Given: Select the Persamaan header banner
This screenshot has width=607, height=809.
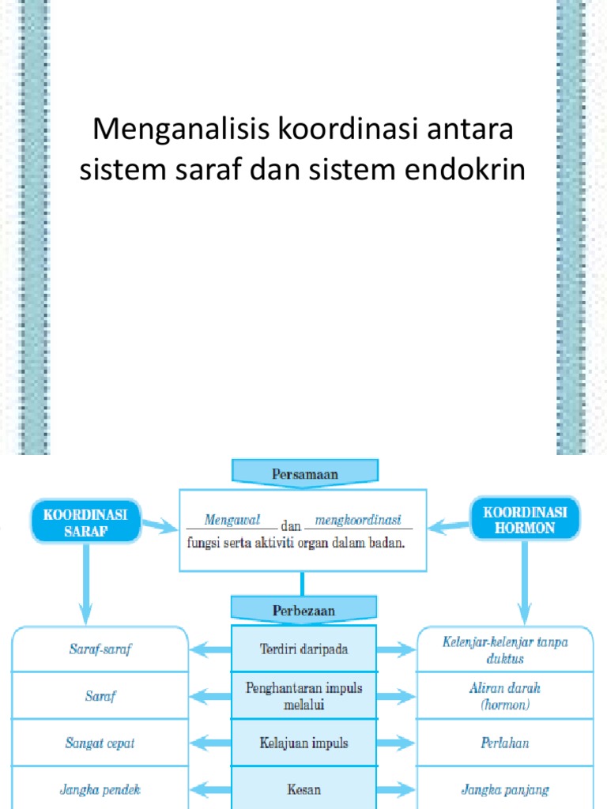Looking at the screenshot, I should (304, 474).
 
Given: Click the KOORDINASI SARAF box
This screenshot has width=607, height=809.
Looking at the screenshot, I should (85, 521).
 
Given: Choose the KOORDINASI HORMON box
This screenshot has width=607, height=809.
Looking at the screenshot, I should (525, 520).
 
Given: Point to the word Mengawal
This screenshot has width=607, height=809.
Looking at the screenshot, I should (232, 520).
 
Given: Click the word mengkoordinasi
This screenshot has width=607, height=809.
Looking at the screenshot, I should (358, 520).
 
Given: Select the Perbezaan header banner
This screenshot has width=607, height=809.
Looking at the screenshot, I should (304, 611).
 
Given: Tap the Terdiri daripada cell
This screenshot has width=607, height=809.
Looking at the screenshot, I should (304, 649).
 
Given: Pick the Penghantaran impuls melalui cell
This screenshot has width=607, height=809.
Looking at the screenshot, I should (304, 695).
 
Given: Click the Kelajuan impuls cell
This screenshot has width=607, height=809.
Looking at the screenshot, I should (304, 743).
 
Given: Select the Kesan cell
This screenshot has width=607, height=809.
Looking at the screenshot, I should (304, 789).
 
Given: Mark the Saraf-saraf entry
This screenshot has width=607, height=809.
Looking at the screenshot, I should (100, 649).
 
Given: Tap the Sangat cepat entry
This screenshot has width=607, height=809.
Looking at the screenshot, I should (100, 743).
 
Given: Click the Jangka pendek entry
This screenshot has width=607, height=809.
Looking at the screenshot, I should (100, 789).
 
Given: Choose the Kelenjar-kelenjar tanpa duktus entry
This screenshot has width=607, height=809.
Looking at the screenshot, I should (505, 649).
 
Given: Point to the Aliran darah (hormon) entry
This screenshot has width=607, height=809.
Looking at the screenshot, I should (505, 695).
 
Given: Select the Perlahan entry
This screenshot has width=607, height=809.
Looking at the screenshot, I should (505, 743).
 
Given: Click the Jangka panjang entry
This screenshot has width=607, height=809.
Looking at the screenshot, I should (505, 789).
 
